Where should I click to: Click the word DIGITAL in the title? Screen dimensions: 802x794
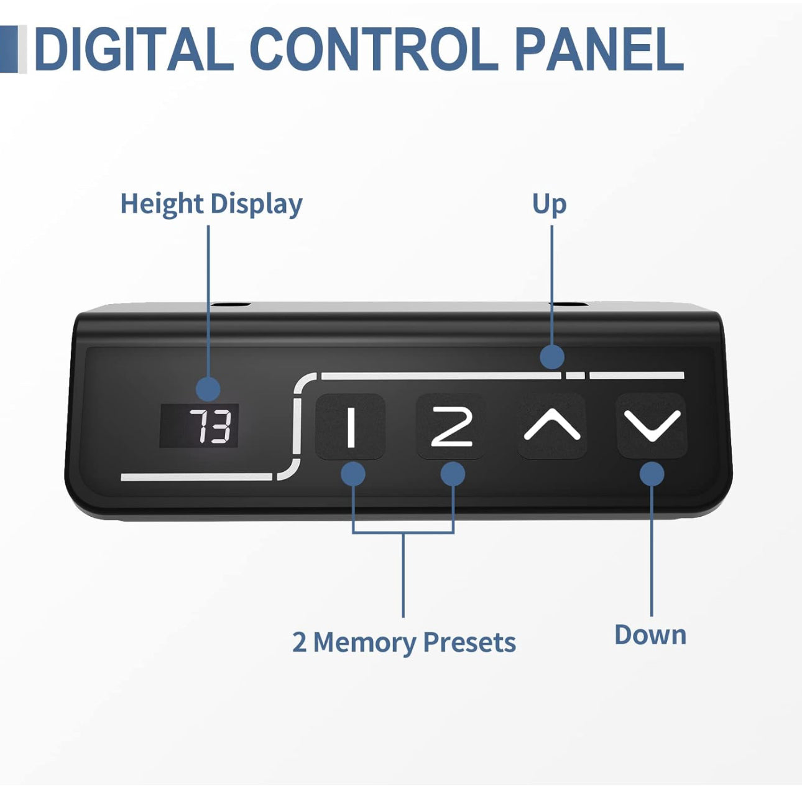coord(134,48)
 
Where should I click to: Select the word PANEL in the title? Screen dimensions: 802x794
coord(599,48)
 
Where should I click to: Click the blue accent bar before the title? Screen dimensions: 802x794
coord(9,48)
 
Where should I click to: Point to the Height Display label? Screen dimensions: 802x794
coord(211,205)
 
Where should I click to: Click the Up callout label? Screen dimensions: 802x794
coord(550,205)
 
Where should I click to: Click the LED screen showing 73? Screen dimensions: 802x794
coord(199,425)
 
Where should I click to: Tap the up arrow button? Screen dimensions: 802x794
coord(552,426)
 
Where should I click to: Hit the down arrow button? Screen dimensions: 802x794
coord(652,426)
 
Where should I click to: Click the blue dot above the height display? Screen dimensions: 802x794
coord(208,389)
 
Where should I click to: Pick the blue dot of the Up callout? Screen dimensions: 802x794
coord(552,357)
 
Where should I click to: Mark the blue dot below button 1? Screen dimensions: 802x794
coord(353,474)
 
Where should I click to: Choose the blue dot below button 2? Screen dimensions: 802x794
coord(453,474)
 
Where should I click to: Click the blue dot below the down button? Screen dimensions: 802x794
coord(652,474)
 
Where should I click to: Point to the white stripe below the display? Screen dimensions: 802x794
coord(196,477)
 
